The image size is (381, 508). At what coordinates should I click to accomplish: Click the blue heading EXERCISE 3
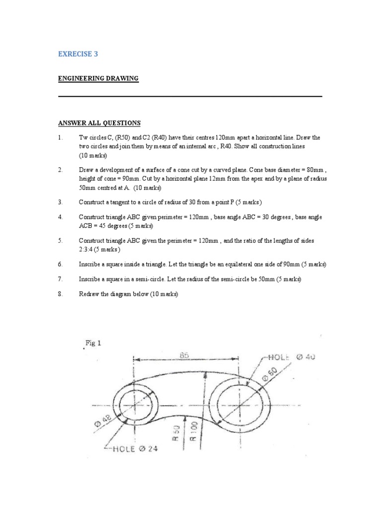[78, 55]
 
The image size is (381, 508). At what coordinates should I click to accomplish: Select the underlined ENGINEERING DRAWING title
[99, 79]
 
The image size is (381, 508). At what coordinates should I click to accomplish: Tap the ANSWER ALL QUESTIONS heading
[99, 123]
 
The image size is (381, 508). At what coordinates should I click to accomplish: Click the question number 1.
[61, 137]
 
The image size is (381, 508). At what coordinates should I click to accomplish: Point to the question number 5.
[61, 241]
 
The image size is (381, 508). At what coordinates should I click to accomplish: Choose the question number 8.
[61, 294]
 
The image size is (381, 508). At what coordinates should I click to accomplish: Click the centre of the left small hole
[132, 404]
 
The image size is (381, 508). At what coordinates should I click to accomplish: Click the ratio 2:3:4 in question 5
[87, 250]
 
